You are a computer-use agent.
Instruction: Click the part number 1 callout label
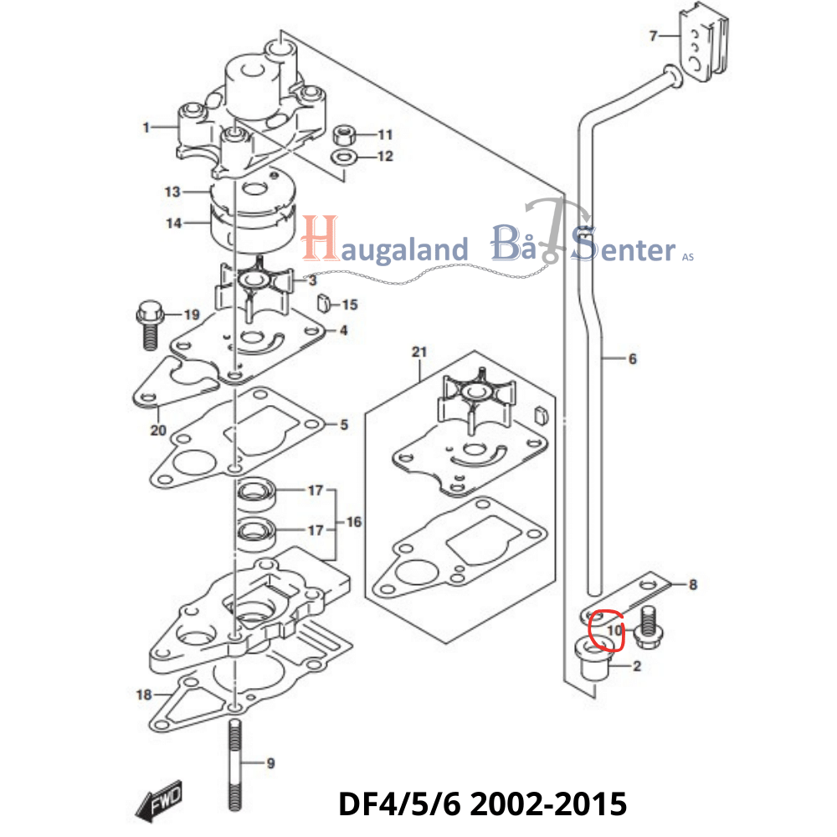(x=146, y=128)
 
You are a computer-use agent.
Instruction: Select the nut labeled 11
(x=343, y=134)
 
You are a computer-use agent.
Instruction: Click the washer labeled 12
(x=343, y=157)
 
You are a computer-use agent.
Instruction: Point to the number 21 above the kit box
(x=419, y=352)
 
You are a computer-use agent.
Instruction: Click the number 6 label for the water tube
(x=632, y=359)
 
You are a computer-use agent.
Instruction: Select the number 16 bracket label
(x=354, y=522)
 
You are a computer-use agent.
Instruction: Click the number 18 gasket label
(x=143, y=694)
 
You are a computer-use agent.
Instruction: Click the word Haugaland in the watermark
(x=385, y=248)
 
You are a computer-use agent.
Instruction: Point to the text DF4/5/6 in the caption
(x=398, y=804)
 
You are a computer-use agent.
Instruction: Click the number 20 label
(x=158, y=431)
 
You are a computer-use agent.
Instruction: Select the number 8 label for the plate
(x=693, y=585)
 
